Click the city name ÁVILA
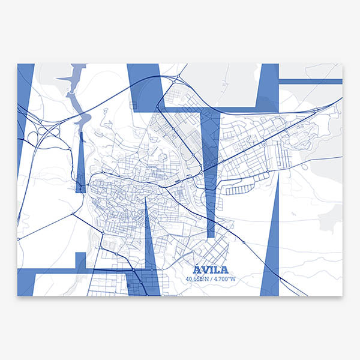click(x=211, y=269)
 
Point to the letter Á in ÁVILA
click(x=198, y=269)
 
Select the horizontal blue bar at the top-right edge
click(x=310, y=81)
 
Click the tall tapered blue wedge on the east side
click(x=271, y=252)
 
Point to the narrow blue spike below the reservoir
click(x=80, y=162)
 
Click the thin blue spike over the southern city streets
click(x=149, y=240)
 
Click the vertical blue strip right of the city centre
click(x=210, y=174)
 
